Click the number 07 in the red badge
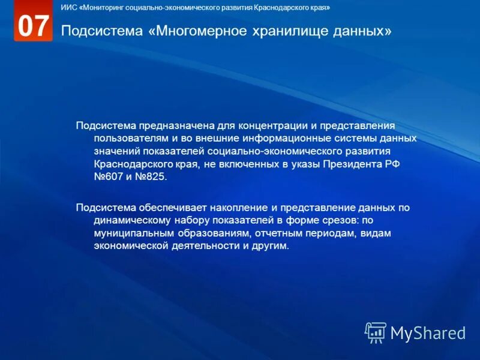tap(33, 26)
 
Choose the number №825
tap(152, 178)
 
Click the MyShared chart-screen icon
tap(376, 332)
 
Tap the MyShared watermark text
tap(428, 332)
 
